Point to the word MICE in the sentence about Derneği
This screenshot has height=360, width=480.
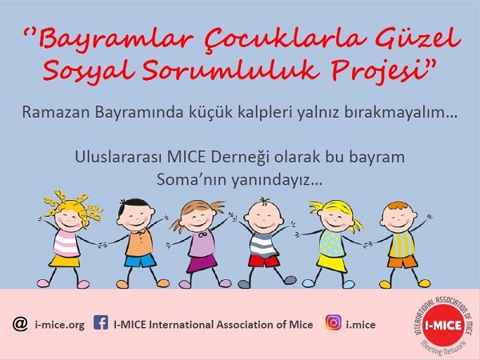(x=186, y=157)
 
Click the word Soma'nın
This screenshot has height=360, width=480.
(x=192, y=180)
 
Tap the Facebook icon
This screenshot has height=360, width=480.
(x=101, y=322)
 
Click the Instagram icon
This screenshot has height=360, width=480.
(x=334, y=322)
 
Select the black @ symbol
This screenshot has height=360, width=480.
(x=20, y=323)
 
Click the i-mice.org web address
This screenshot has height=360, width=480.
(x=60, y=325)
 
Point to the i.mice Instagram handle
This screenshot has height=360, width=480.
(x=361, y=325)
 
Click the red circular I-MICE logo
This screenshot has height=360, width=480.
(x=443, y=326)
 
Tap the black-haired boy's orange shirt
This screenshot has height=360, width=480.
(x=139, y=242)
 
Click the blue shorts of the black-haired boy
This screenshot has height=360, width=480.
(x=140, y=261)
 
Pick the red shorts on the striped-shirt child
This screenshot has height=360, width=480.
(x=263, y=261)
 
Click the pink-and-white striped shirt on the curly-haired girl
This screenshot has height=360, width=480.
(x=66, y=244)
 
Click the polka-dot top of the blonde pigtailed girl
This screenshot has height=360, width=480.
(x=332, y=244)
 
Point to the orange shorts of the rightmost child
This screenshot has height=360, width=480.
(x=402, y=262)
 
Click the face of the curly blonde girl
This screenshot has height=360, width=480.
(x=69, y=220)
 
